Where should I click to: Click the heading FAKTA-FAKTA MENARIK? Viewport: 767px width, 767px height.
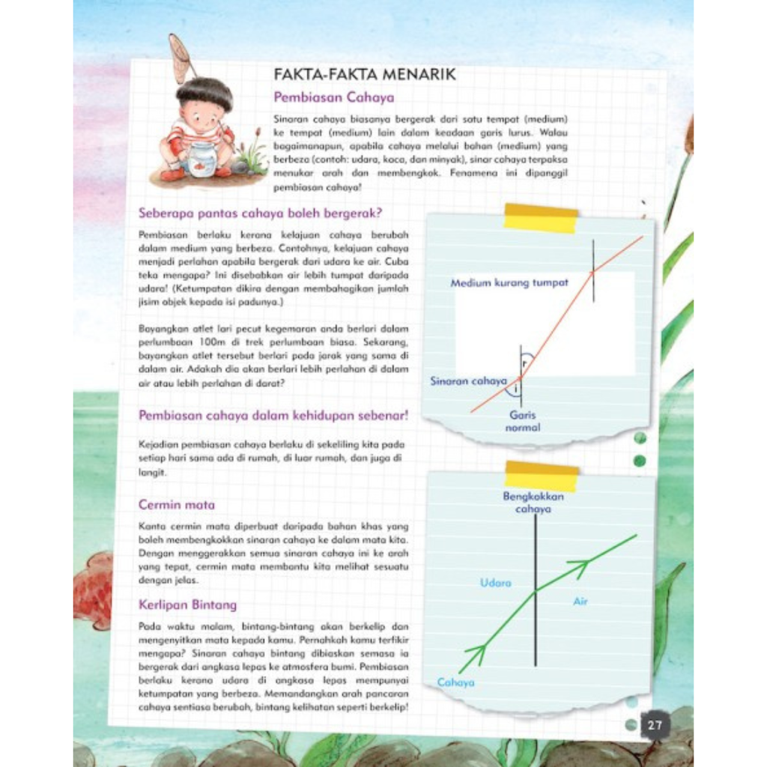tap(364, 75)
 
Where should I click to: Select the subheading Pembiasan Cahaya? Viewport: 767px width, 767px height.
tap(333, 97)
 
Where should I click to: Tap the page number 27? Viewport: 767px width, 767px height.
tap(655, 724)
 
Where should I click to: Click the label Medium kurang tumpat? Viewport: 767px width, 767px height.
tap(509, 283)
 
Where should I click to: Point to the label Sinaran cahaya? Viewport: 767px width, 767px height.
tap(468, 381)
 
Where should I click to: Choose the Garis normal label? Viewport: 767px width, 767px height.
tap(523, 421)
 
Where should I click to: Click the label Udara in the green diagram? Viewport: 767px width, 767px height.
tap(495, 583)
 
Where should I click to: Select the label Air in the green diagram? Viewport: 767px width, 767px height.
tap(580, 601)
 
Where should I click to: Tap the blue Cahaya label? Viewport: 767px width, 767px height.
tap(456, 682)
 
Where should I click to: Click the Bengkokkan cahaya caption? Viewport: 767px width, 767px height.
tap(533, 503)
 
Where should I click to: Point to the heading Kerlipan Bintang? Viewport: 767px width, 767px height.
tap(187, 604)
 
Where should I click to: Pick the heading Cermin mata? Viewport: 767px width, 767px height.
tap(176, 505)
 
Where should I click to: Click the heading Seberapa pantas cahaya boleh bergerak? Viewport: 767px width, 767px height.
tap(261, 213)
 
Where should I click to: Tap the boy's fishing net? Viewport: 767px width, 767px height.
tap(180, 58)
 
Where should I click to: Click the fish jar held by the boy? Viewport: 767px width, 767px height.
tap(201, 160)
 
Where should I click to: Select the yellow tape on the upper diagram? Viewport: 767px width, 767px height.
tap(541, 218)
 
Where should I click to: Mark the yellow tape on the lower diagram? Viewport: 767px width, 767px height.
tap(542, 476)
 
